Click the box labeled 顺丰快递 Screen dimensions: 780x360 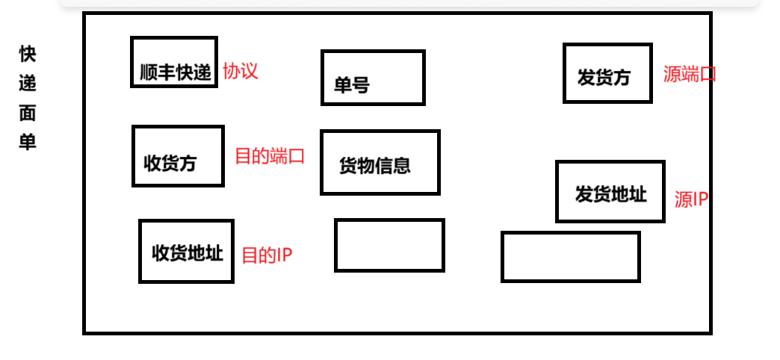(x=174, y=62)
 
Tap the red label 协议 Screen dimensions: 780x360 (x=241, y=72)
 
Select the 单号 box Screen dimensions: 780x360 (x=373, y=78)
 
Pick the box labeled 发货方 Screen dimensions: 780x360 (x=607, y=72)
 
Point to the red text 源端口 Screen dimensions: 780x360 (x=689, y=75)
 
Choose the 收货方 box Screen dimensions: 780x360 (x=178, y=155)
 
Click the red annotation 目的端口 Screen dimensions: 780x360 (x=270, y=156)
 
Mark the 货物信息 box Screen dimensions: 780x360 (x=380, y=162)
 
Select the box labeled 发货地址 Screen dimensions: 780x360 (x=610, y=191)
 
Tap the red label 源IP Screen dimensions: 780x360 (x=691, y=199)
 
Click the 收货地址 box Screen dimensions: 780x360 (x=186, y=251)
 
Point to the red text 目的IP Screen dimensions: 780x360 (x=267, y=255)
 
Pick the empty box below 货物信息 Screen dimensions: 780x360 (x=389, y=245)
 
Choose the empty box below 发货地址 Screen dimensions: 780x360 (x=570, y=257)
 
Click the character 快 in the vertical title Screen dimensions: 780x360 (x=28, y=54)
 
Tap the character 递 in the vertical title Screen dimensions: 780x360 (x=28, y=83)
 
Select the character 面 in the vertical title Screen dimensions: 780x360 (x=28, y=113)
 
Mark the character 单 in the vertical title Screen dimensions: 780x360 (x=28, y=142)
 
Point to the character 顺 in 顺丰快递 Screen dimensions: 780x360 (x=149, y=73)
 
